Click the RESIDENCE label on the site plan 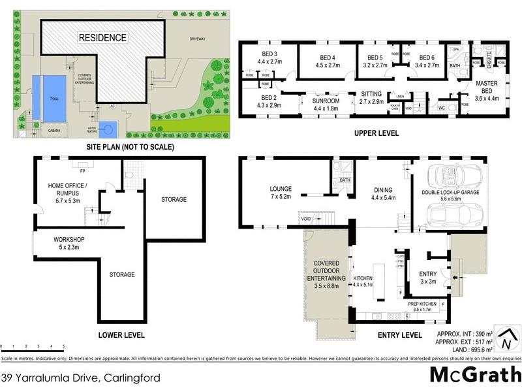(x=103, y=38)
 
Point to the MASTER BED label (x=486, y=88)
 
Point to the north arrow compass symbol (x=507, y=340)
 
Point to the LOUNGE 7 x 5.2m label (x=281, y=193)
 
